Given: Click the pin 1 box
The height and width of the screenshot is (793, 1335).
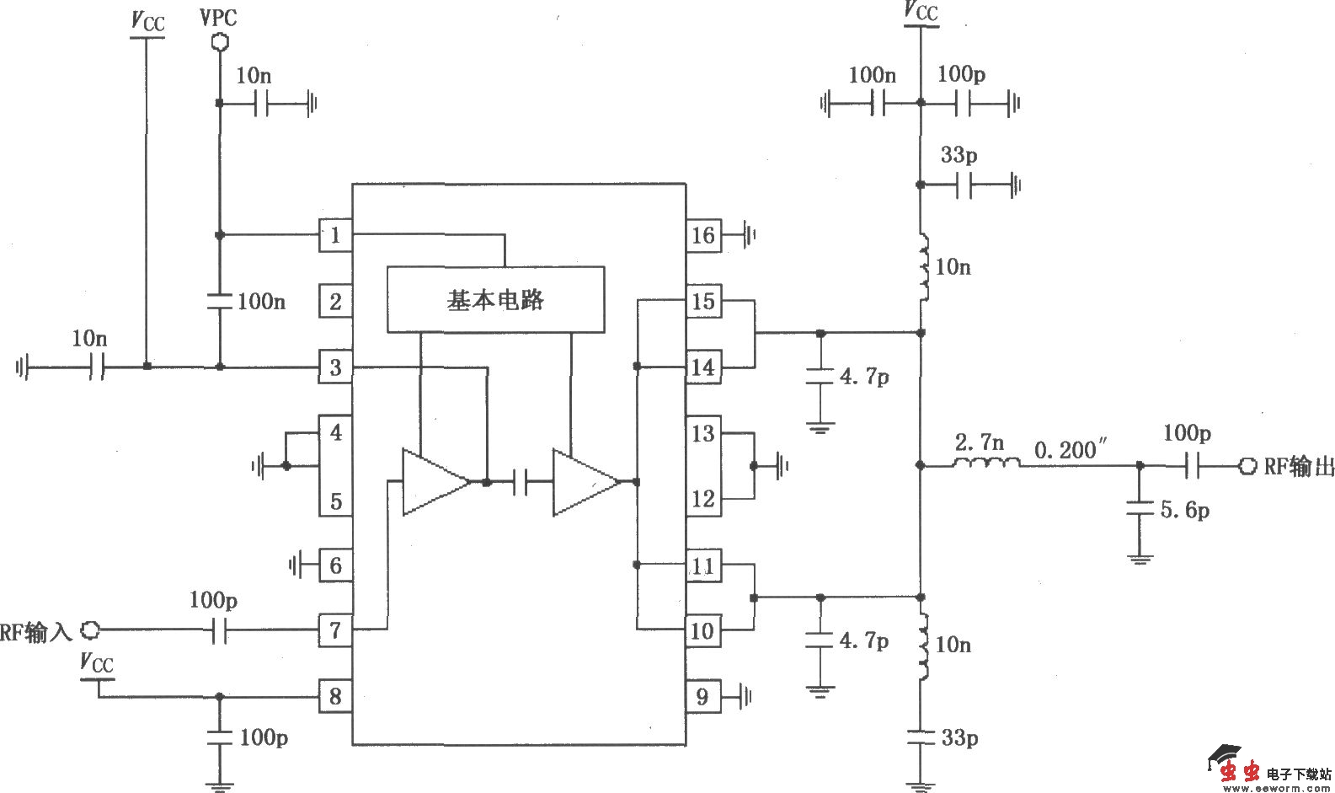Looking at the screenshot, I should pos(335,235).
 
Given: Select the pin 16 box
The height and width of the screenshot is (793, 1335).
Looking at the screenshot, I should pos(702,235).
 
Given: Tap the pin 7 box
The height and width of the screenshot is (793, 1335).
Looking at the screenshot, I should pos(335,630).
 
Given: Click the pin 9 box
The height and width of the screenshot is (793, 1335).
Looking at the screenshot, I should pos(702,696).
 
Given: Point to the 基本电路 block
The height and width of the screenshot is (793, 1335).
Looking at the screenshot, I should pos(495,299).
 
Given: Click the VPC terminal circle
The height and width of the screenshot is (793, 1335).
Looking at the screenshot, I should pos(219,40).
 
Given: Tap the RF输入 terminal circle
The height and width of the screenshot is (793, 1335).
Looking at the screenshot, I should pos(90,629).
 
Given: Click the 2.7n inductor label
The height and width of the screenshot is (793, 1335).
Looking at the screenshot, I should pos(980,442).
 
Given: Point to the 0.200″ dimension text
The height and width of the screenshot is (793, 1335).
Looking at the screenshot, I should pos(1069,450).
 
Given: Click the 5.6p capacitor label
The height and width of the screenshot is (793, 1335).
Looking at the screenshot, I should pos(1185,510).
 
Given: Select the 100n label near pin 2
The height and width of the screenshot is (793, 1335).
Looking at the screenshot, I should pos(261,301).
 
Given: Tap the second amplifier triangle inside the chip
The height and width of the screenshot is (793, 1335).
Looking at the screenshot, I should pos(583,482).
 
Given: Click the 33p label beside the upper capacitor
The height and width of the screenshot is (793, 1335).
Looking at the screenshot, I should pos(959,155).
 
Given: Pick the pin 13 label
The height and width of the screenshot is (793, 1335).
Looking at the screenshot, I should pos(702,434).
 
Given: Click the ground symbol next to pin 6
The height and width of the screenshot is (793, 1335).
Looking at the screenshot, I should pos(296,565).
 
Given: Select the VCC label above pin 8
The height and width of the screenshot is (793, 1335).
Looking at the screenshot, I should pos(97,662).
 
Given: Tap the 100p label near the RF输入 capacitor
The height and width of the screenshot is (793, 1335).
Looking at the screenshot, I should pos(213,600).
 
